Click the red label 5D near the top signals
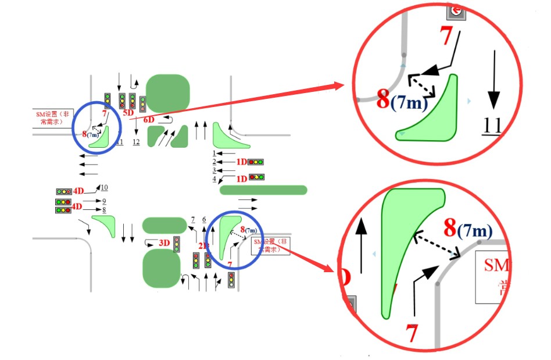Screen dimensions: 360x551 pos(128,112)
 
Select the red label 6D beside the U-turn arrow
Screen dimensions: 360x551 pos(149,120)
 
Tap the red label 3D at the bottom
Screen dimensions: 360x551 pos(164,243)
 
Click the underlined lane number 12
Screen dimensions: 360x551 pos(136,142)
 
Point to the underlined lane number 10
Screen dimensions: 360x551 pos(104,187)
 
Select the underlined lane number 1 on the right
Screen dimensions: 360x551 pos(214,153)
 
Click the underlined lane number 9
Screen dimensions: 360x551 pos(104,201)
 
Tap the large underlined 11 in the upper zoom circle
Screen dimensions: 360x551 pos(492,126)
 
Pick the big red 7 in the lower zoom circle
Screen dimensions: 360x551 pos(412,334)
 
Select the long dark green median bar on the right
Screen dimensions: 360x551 pos(263,190)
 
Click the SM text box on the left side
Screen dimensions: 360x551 pos(52,118)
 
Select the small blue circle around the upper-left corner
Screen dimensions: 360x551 pos(96,128)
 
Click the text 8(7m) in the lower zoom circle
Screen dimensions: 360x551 pos(468,229)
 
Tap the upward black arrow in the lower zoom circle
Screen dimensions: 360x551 pos(362,244)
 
